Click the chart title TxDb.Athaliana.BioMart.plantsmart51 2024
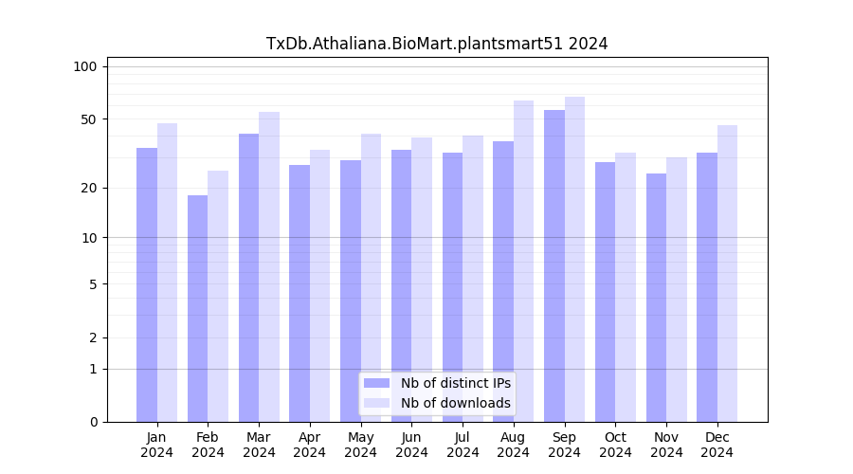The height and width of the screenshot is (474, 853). pyautogui.click(x=437, y=44)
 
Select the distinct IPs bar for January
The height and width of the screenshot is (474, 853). pyautogui.click(x=147, y=284)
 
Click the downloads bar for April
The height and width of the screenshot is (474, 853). pyautogui.click(x=319, y=285)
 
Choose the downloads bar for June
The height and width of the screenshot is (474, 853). pyautogui.click(x=422, y=280)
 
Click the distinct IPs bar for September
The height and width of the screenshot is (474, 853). pyautogui.click(x=554, y=265)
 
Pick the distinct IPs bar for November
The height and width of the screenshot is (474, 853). pyautogui.click(x=656, y=298)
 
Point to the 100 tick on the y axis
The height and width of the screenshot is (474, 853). pyautogui.click(x=85, y=66)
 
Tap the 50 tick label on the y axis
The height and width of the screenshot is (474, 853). pyautogui.click(x=88, y=119)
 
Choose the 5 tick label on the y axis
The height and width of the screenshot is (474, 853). pyautogui.click(x=92, y=283)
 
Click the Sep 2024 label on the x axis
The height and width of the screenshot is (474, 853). pyautogui.click(x=564, y=445)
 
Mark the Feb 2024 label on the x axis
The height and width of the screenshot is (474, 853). pyautogui.click(x=208, y=445)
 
